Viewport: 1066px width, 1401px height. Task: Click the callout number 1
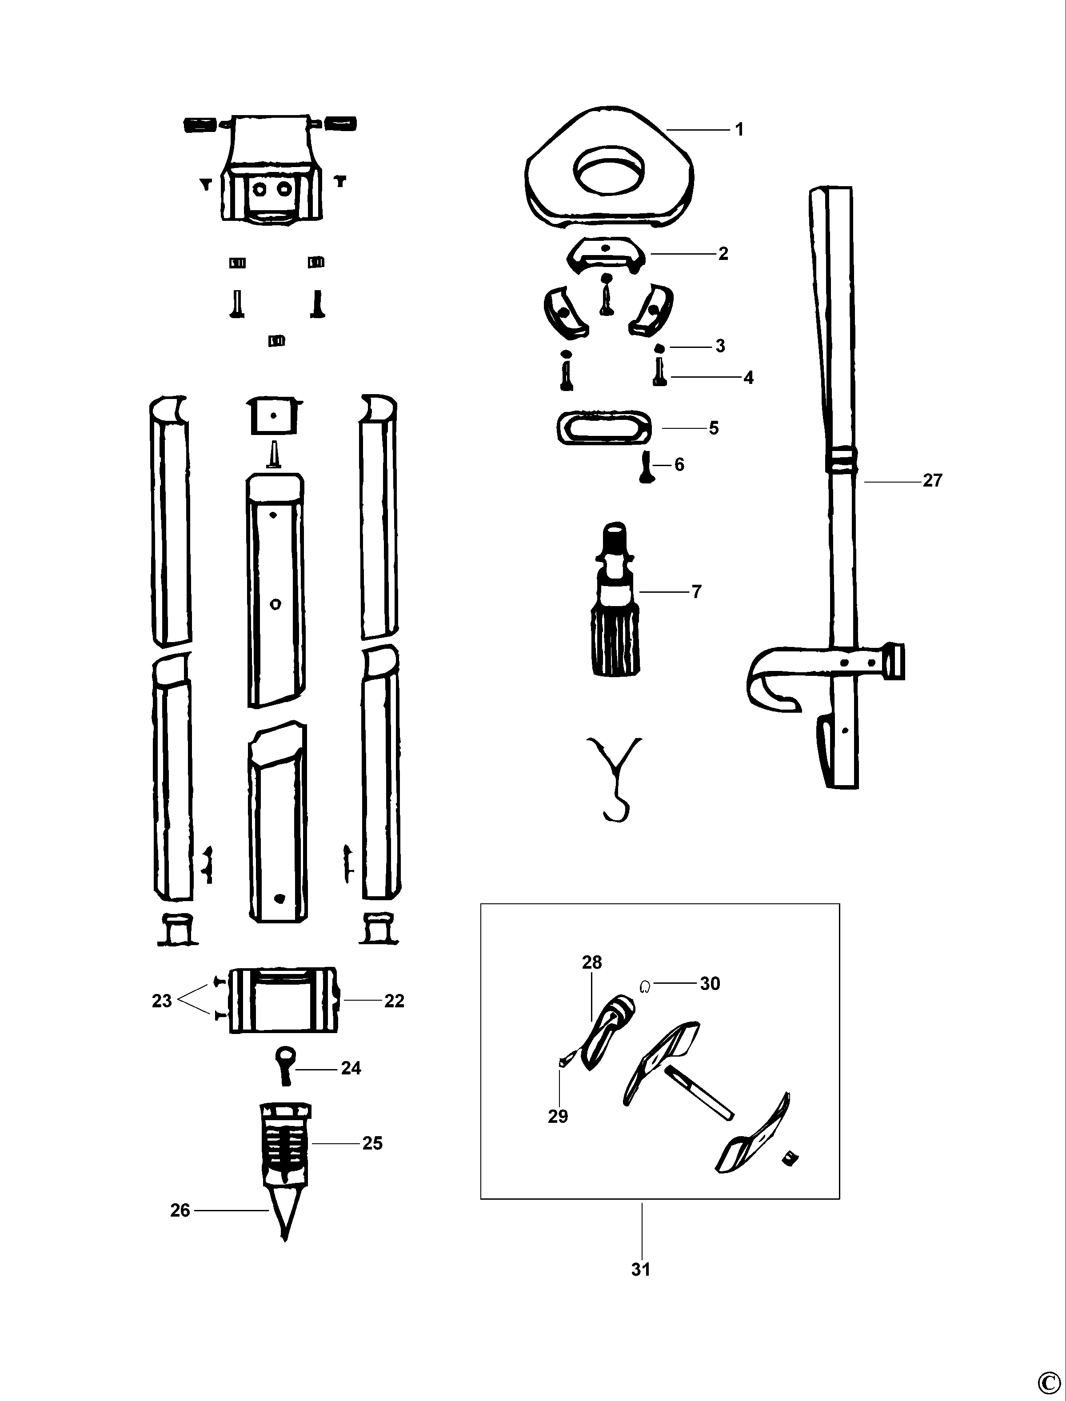click(739, 129)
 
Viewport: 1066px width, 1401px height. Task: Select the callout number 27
click(932, 480)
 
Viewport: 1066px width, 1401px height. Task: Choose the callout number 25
click(372, 1143)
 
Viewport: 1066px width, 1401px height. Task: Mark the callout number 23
click(162, 1001)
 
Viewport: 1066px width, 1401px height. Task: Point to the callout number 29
click(558, 1116)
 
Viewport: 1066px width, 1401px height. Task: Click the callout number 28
click(591, 962)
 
